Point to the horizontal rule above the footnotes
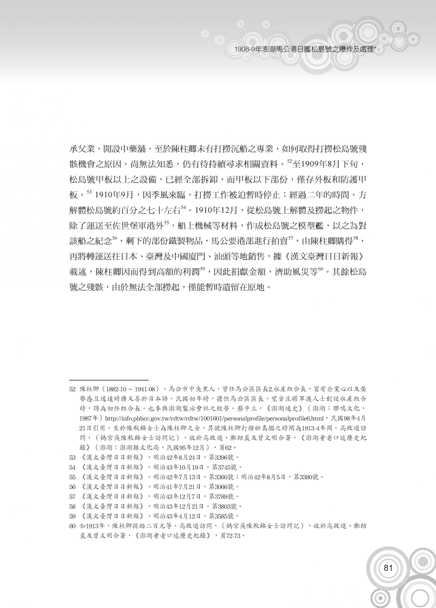click(109, 380)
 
